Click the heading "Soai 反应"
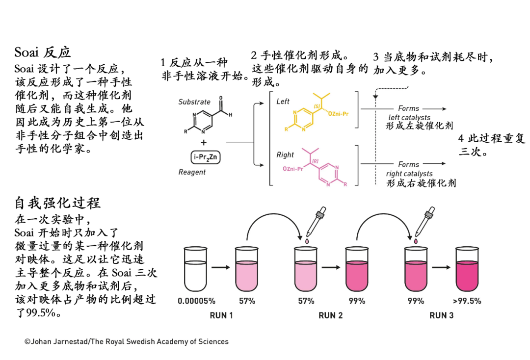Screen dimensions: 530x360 pyautogui.click(x=43, y=52)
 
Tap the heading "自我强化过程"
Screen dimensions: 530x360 pyautogui.click(x=57, y=203)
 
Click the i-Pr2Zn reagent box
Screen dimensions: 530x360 pyautogui.click(x=206, y=157)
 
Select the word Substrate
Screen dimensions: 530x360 pyautogui.click(x=194, y=102)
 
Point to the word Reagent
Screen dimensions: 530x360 pyautogui.click(x=192, y=172)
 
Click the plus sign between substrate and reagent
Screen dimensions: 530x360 pyautogui.click(x=204, y=142)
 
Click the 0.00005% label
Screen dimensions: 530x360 pyautogui.click(x=196, y=301)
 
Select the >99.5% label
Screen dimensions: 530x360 pyautogui.click(x=467, y=301)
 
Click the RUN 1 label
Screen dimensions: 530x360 pyautogui.click(x=221, y=315)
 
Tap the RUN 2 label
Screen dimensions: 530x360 pyautogui.click(x=331, y=315)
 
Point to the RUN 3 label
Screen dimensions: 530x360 pyautogui.click(x=442, y=315)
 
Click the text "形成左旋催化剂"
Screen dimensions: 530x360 pyautogui.click(x=419, y=126)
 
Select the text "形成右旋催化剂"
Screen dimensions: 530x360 pyautogui.click(x=421, y=183)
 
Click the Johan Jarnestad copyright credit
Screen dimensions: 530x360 pyautogui.click(x=127, y=341)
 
